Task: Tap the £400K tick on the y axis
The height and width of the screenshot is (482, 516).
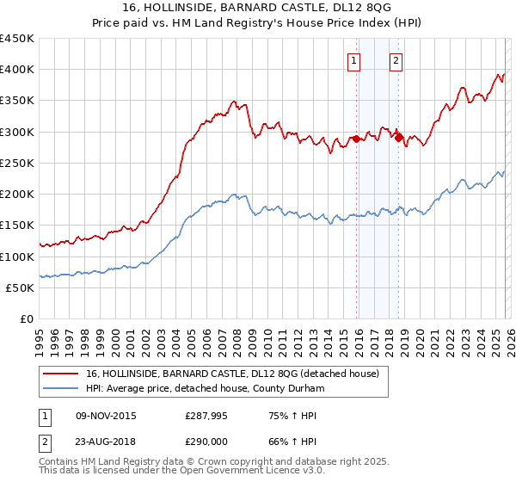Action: (x=17, y=70)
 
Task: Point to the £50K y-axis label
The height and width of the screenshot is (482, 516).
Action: (x=21, y=287)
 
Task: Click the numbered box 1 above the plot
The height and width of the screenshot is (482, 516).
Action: (x=354, y=60)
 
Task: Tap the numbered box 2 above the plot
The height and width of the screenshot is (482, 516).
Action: (x=396, y=60)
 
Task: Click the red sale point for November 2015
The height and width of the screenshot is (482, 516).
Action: (x=356, y=139)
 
